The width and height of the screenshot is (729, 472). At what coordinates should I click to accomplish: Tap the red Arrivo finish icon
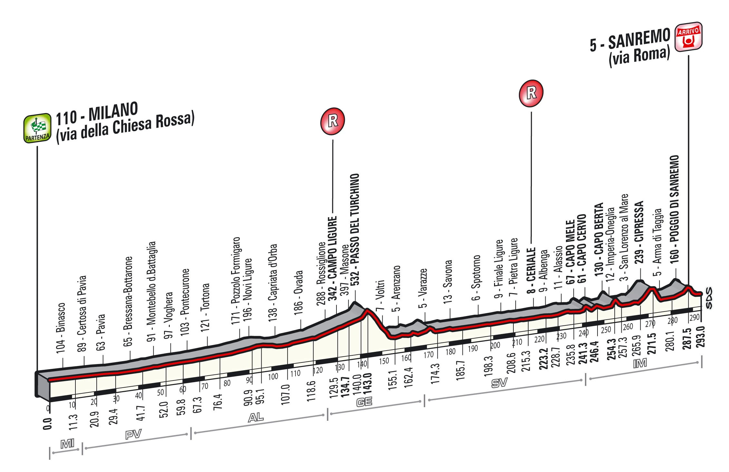688,37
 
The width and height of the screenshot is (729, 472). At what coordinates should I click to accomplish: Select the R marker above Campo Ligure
332,121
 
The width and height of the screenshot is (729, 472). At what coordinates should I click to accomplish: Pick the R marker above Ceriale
531,93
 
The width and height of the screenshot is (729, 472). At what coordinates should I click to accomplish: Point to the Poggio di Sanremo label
674,209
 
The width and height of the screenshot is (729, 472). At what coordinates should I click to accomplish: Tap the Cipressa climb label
639,232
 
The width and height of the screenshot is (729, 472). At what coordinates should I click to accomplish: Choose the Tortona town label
205,307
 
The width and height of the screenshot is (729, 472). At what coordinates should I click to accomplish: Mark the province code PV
133,435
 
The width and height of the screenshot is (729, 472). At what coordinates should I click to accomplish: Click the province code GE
364,402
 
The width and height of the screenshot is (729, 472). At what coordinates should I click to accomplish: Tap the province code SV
499,383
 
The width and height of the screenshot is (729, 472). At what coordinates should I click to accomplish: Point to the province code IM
640,363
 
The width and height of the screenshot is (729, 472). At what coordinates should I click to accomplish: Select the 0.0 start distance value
47,424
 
